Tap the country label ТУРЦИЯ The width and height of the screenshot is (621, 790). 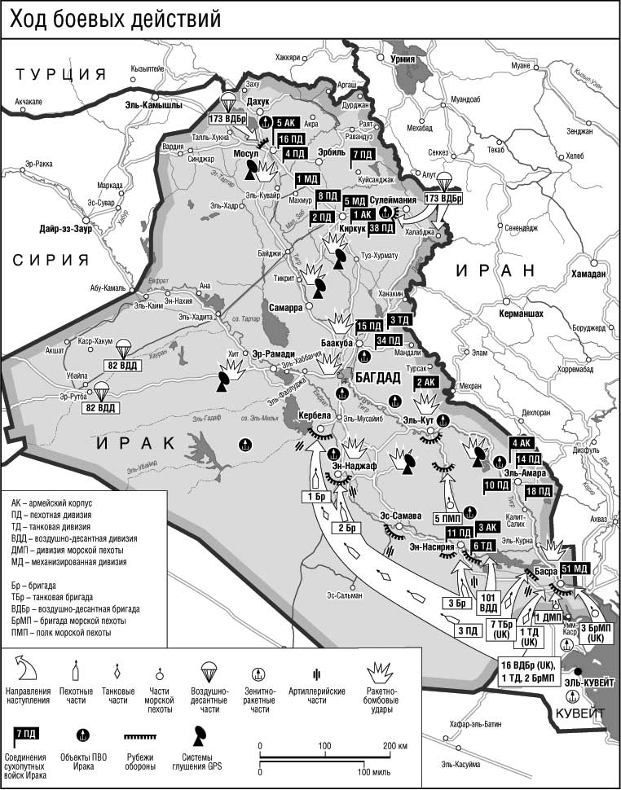point(62,74)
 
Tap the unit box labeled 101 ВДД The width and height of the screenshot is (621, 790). point(487,601)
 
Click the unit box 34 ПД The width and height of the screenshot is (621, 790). point(389,340)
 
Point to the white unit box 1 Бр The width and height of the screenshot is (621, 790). point(317,497)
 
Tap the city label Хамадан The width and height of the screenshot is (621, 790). point(588,274)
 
